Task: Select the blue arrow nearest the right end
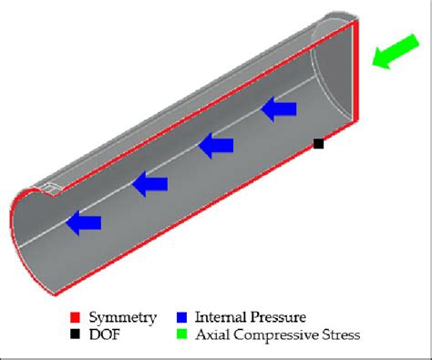coord(280,110)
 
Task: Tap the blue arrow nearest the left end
coord(84,221)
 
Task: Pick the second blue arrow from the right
coord(217,144)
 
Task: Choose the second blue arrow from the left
coord(149,184)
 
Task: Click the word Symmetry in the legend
coord(123,318)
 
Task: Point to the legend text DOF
coord(104,335)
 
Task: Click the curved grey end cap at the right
coord(330,77)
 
